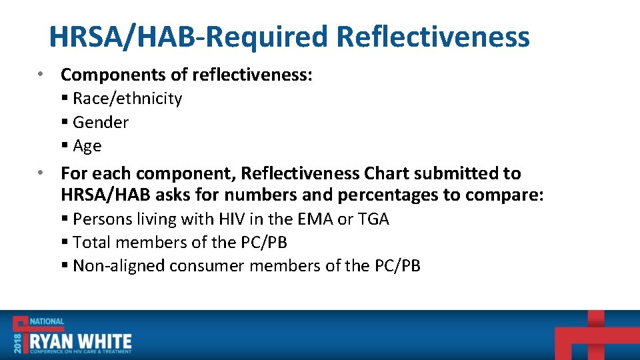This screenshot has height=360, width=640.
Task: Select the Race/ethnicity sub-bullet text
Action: [x=127, y=99]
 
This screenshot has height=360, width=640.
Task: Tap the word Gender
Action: [x=101, y=122]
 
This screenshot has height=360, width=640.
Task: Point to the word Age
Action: [x=87, y=146]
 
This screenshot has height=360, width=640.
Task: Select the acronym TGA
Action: [x=374, y=219]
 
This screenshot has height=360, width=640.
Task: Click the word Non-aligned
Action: [x=119, y=266]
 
